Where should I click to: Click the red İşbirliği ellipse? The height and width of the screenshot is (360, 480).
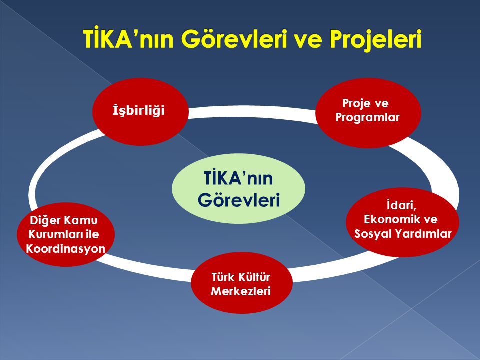click(140, 110)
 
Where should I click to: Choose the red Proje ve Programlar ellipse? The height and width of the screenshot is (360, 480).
click(368, 112)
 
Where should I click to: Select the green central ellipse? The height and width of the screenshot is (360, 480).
click(238, 188)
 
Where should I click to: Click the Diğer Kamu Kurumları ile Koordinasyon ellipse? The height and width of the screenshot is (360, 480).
click(65, 234)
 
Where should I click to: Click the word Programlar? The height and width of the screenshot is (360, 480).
click(367, 118)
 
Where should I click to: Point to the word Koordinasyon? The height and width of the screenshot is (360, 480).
click(65, 248)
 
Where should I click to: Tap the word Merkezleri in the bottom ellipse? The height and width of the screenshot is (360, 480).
click(241, 291)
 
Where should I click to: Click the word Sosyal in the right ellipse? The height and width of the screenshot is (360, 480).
click(373, 234)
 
